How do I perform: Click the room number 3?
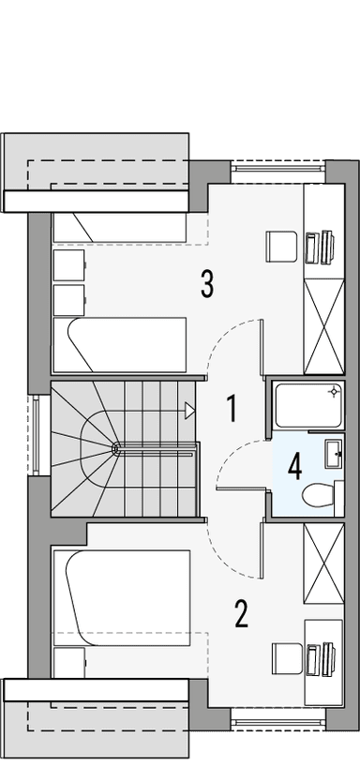207,282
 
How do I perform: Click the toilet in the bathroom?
315,493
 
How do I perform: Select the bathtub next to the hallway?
307,404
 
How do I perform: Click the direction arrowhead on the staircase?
190,409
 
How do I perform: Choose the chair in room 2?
284,657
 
